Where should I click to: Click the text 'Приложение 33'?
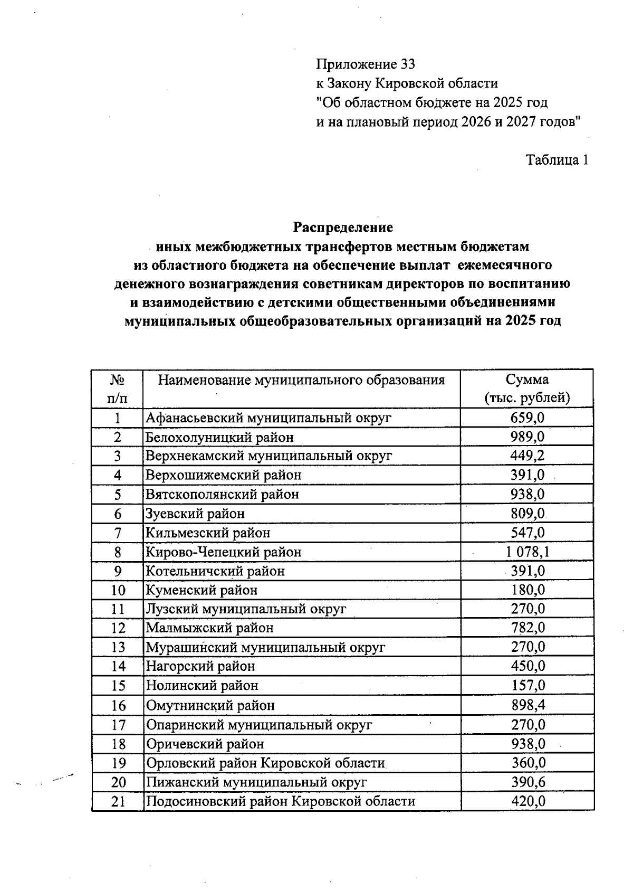point(366,64)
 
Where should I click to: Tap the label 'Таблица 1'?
point(557,160)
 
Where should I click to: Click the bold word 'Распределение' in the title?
point(343,228)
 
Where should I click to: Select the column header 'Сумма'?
point(527,380)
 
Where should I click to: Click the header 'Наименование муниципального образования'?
point(301,380)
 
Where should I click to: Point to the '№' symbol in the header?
point(117,380)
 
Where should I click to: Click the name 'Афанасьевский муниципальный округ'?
point(268,418)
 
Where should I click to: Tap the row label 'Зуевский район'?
point(195,514)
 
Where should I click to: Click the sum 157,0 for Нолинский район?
point(527,686)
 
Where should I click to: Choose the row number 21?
point(118,801)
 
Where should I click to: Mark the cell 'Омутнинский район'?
point(210,705)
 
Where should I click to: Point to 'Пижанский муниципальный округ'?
point(256,782)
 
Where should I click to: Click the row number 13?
point(118,647)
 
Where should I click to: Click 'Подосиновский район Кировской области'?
point(280,801)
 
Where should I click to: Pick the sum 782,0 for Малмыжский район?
point(527,628)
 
